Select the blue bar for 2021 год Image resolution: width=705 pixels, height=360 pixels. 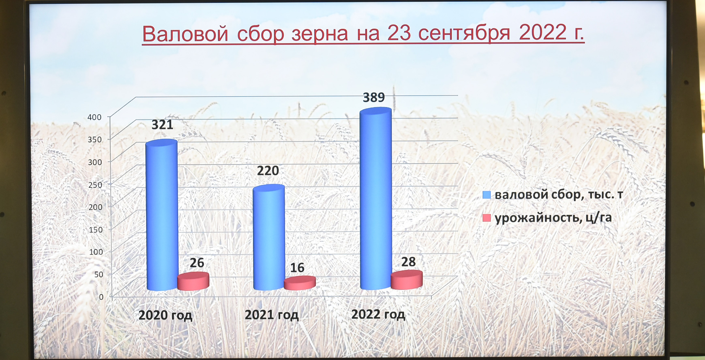269,237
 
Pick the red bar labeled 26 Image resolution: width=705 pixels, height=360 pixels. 193,281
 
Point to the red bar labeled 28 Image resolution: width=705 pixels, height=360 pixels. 407,280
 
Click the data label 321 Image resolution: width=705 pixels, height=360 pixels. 162,125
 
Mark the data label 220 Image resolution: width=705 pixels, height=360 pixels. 268,171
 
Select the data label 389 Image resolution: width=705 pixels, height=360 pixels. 374,97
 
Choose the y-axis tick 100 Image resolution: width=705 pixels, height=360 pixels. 96,252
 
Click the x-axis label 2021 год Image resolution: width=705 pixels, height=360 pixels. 271,315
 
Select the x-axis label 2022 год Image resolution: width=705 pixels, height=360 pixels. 378,314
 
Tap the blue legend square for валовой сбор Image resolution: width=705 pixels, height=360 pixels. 486,195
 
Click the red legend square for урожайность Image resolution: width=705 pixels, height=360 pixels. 486,218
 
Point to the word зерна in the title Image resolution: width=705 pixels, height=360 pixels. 320,34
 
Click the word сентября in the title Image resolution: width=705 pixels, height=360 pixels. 464,33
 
